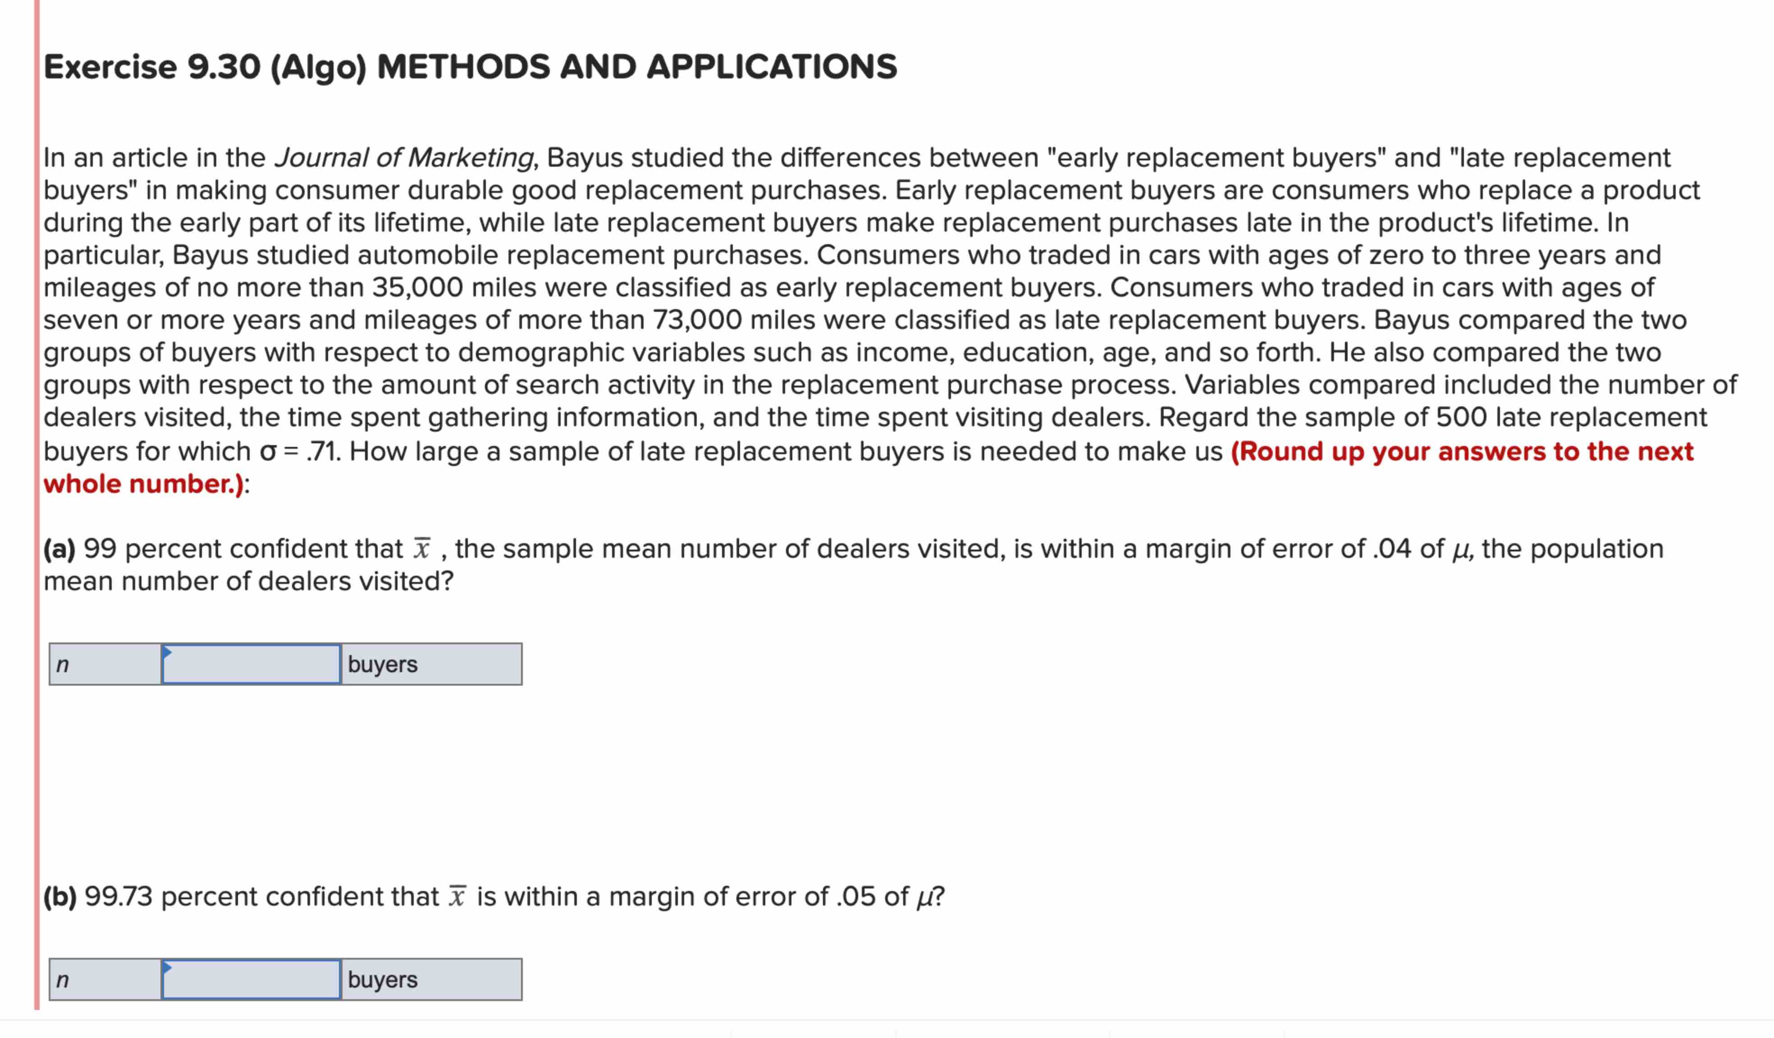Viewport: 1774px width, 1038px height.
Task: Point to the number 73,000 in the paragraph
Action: [697, 320]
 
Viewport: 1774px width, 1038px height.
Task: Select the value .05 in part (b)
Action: [856, 897]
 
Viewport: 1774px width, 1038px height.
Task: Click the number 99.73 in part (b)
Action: [118, 897]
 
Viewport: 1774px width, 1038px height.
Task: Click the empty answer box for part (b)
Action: [251, 979]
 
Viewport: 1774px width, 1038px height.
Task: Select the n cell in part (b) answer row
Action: [105, 979]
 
